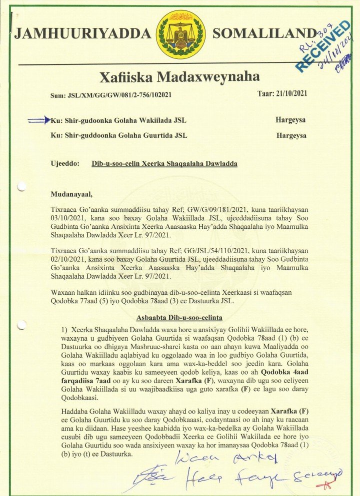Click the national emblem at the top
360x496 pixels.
tap(181, 34)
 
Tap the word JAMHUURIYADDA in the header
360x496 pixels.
tap(82, 34)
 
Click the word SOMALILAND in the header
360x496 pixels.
tap(264, 34)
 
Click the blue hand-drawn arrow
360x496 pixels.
tap(39, 120)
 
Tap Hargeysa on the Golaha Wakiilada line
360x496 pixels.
tap(291, 120)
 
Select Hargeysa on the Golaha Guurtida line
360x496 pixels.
tap(291, 135)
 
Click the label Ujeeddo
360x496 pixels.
tap(65, 163)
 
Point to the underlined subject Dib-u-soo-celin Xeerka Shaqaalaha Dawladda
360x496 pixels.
tap(157, 163)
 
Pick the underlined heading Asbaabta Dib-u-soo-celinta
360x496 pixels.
tap(179, 318)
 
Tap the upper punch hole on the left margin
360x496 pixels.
tap(21, 187)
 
